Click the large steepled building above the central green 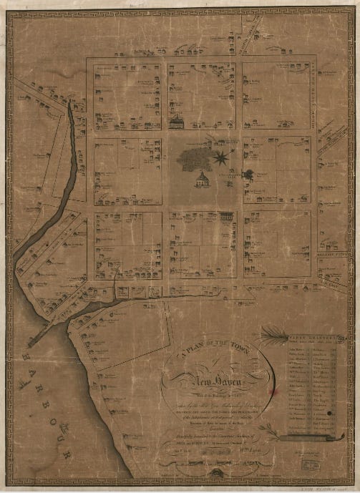[176, 122]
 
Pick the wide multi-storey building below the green [225, 215]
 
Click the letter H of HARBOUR [21, 355]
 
